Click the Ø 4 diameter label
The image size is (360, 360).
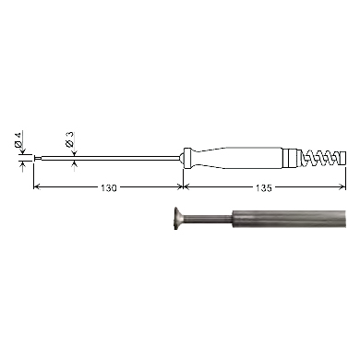click(x=18, y=139)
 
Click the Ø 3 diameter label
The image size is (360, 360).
click(x=70, y=139)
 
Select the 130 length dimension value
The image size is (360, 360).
click(x=109, y=188)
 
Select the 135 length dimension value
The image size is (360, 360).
click(x=264, y=188)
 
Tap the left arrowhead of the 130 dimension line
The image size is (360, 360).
click(x=37, y=186)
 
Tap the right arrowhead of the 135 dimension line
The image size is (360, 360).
click(x=342, y=186)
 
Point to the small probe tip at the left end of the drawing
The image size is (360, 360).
click(x=37, y=159)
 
